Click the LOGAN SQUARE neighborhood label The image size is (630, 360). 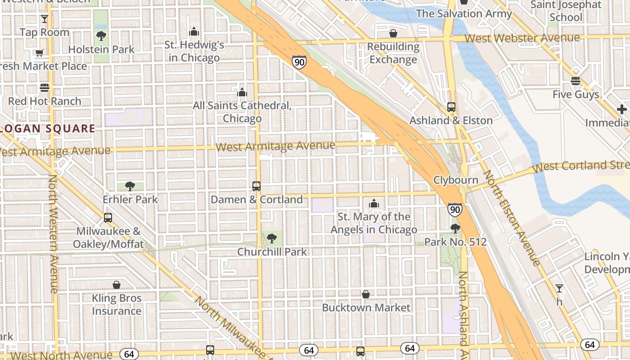point(47,129)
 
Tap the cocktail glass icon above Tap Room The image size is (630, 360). point(44,19)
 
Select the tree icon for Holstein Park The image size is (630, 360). point(101,36)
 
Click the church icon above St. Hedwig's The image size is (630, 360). point(194,31)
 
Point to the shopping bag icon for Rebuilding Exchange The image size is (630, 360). point(393,33)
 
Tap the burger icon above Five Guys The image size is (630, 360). point(576,81)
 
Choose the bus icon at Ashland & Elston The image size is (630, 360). point(451,107)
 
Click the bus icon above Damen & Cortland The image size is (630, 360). point(256,186)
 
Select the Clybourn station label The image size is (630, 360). point(455,180)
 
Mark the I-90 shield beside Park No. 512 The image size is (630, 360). point(455,209)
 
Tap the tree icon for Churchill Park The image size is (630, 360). point(271,238)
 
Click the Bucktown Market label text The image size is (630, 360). point(366,308)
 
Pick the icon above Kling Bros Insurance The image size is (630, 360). point(117,285)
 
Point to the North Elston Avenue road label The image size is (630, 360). point(511,218)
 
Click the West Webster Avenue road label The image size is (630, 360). point(522,38)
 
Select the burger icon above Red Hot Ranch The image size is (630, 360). point(44,88)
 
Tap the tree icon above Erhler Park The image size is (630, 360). point(130,186)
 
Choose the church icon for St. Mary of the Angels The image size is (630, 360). point(373,204)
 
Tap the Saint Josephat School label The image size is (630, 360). point(566,11)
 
